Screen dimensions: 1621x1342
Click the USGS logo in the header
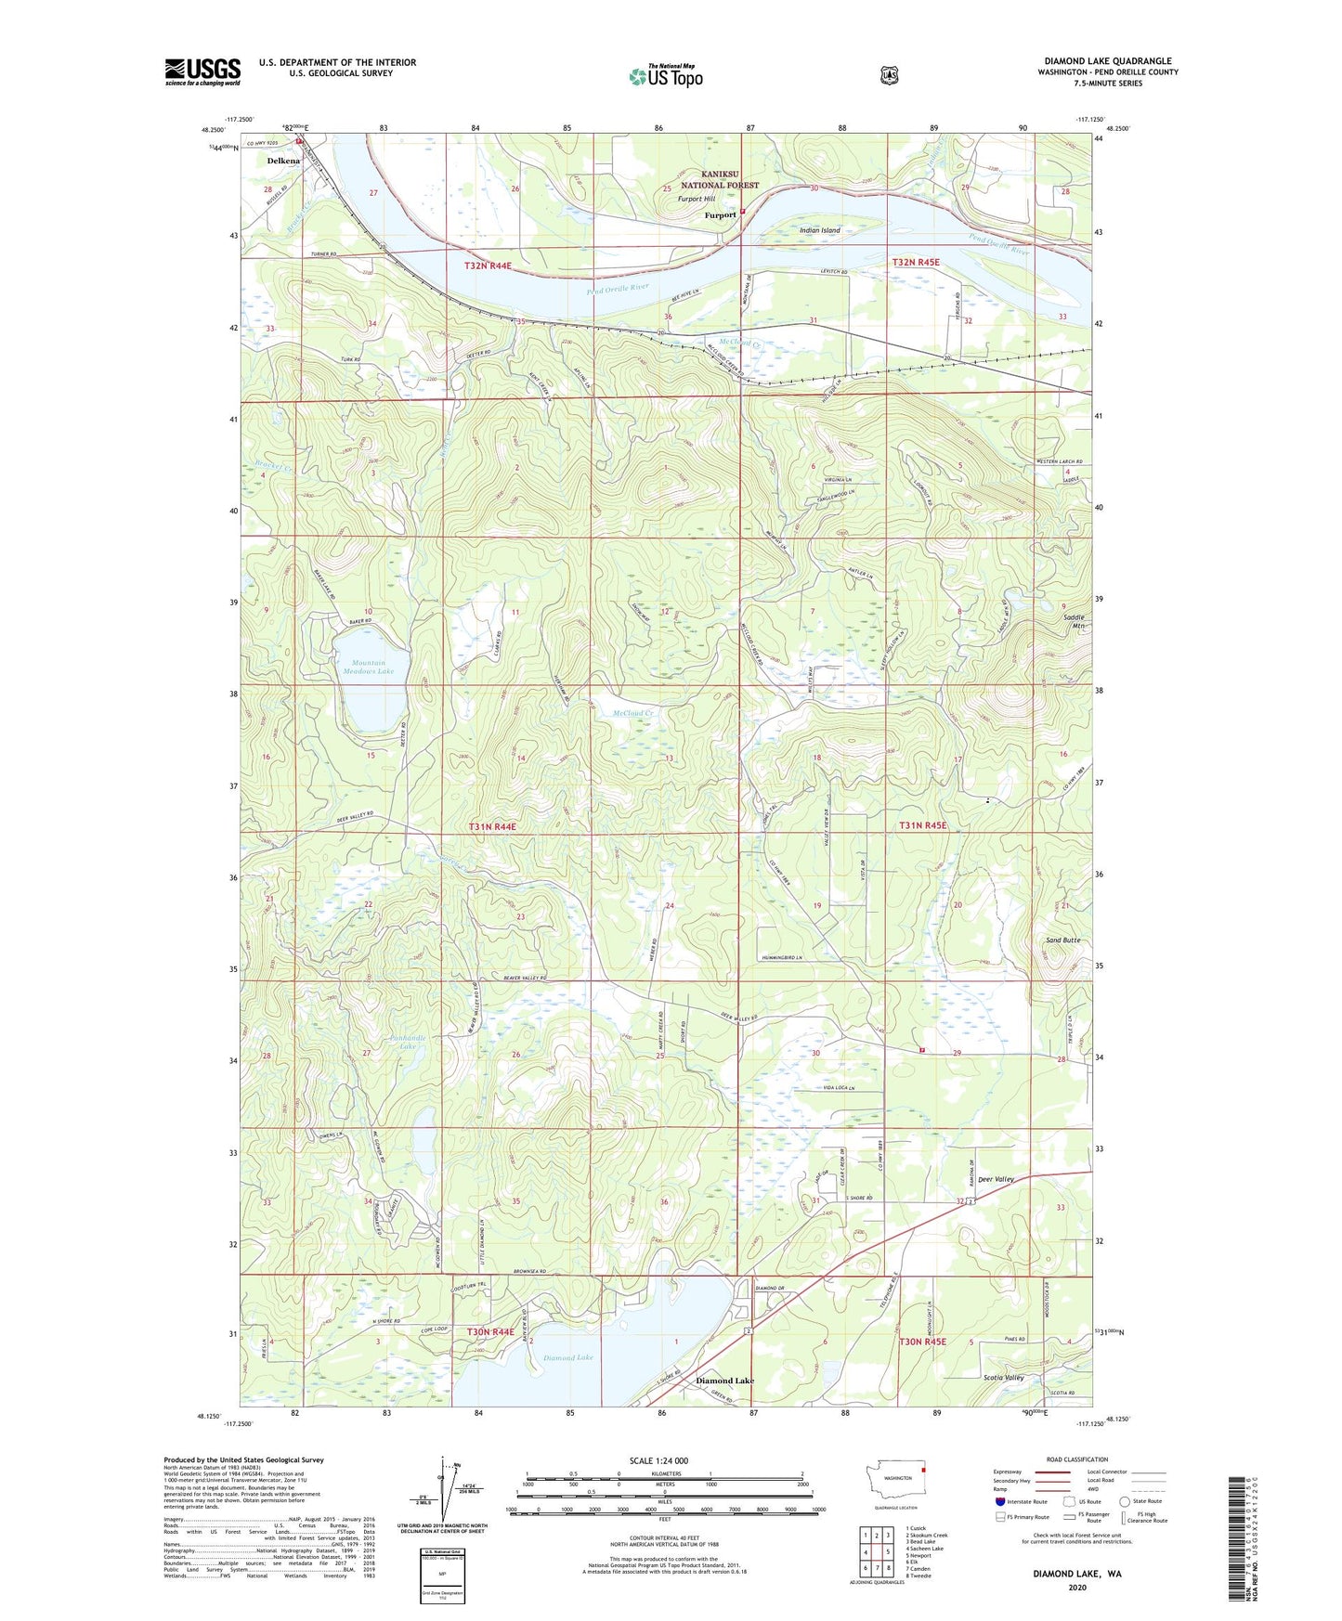(202, 71)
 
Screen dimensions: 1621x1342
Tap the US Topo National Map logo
(665, 75)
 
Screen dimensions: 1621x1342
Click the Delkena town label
(283, 161)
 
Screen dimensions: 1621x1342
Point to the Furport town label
(720, 214)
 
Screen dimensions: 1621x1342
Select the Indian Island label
(819, 230)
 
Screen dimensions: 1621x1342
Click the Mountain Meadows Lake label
(368, 667)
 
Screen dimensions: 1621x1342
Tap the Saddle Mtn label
(1075, 621)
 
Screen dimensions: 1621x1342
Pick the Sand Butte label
(1062, 940)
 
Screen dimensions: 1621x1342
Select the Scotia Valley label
(1003, 1377)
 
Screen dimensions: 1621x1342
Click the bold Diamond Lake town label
(724, 1381)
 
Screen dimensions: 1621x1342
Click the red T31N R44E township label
(491, 825)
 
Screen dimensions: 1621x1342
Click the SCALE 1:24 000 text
(658, 1460)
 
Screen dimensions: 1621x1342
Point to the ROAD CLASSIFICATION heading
(1076, 1459)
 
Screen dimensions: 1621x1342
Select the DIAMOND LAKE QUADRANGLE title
(1107, 61)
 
